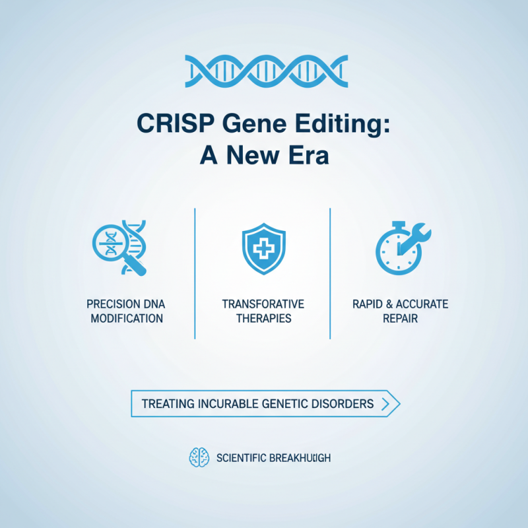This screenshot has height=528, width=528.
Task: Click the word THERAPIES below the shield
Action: tap(263, 319)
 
